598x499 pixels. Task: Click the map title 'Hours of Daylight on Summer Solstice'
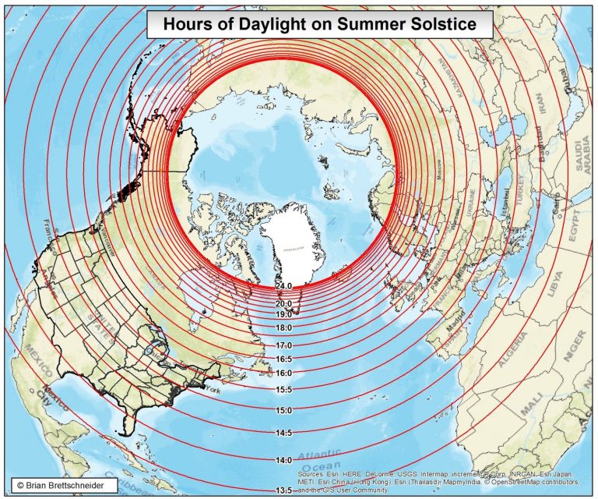pos(319,24)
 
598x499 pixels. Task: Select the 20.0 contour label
pos(283,303)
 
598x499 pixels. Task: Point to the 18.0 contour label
pos(283,328)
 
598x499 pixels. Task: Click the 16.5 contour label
pos(283,359)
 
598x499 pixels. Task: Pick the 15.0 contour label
pos(283,410)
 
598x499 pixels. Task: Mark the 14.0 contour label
pos(283,461)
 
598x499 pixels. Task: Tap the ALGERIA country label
pos(512,351)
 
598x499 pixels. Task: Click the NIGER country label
pos(576,340)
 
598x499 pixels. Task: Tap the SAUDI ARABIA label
pos(584,156)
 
